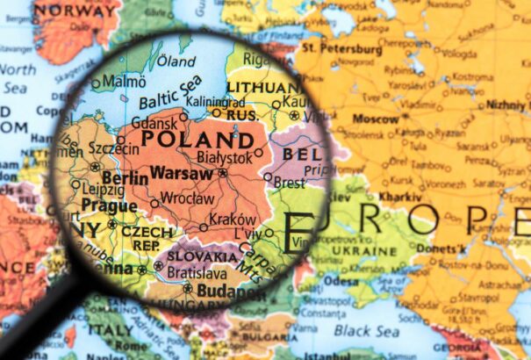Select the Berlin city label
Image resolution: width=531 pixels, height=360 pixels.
(x=125, y=178)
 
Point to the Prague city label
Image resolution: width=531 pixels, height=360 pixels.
(x=109, y=206)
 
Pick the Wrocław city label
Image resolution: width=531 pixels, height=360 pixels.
(x=188, y=198)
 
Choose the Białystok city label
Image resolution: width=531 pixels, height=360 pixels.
(x=224, y=157)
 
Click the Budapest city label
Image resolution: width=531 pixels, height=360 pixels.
(x=230, y=290)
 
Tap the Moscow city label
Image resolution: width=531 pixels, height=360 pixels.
(x=376, y=119)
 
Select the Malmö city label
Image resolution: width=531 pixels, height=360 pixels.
(x=124, y=81)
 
